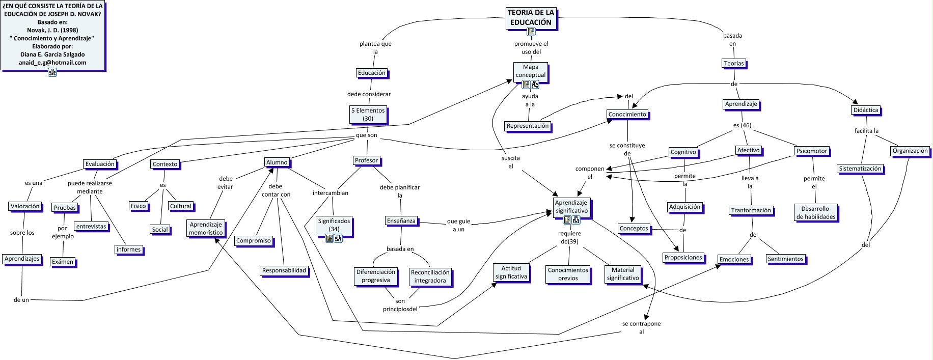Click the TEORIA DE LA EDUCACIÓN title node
(x=531, y=17)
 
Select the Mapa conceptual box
(x=530, y=71)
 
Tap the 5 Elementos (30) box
(x=368, y=115)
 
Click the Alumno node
(x=277, y=162)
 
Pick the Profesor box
(x=366, y=160)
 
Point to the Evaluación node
(x=100, y=164)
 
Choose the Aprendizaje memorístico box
(x=206, y=229)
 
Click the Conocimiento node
(x=627, y=115)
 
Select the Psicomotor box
(x=811, y=151)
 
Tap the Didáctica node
(x=865, y=110)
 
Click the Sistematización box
(x=860, y=169)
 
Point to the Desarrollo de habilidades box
(x=815, y=213)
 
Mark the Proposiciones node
(x=683, y=258)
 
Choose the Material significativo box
(x=623, y=274)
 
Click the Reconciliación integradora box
(x=430, y=276)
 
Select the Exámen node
(x=63, y=262)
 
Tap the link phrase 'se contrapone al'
(x=641, y=327)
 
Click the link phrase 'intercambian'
(x=330, y=193)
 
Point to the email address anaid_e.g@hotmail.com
(x=52, y=63)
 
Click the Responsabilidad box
(x=284, y=270)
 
